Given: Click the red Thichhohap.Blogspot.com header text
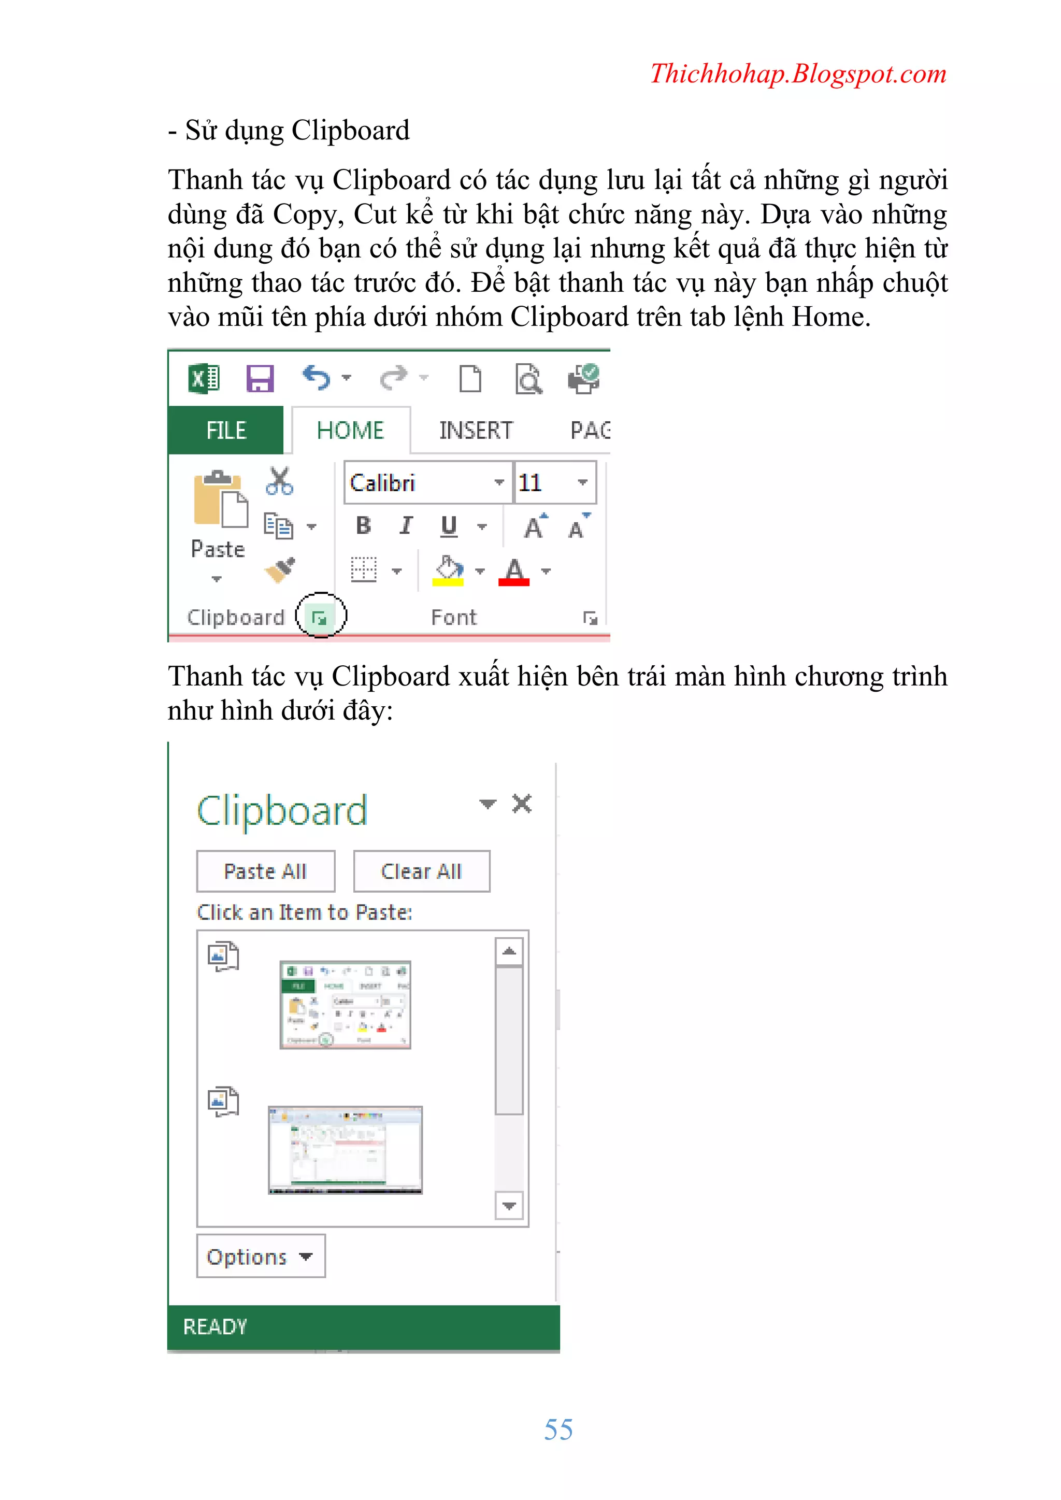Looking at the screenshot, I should pos(798,74).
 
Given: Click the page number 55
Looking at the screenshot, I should pos(558,1430).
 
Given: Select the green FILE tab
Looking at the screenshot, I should pos(226,431).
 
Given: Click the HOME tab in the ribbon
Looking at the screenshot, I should pos(350,431).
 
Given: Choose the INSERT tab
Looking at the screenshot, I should pos(476,431).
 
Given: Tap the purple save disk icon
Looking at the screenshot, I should pos(260,378).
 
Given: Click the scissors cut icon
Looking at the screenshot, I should pos(280,481).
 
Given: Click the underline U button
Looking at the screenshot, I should pos(449,526).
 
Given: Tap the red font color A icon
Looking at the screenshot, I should pos(514,572).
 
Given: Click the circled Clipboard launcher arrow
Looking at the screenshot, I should pos(320,617).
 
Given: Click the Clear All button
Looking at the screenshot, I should pos(421,871).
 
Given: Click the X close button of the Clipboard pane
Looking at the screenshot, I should pos(521,804).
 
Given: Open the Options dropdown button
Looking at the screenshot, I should pos(261,1256).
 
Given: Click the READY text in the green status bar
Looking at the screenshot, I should pos(215,1327).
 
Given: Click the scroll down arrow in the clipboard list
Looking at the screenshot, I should pos(509,1205).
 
